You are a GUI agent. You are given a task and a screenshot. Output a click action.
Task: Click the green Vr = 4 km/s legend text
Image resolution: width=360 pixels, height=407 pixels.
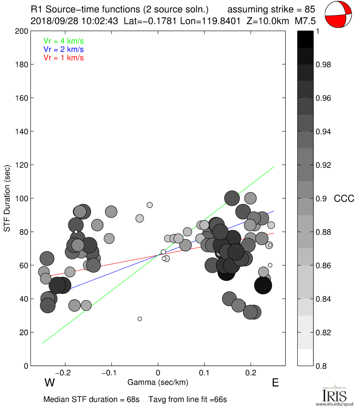(x=64, y=40)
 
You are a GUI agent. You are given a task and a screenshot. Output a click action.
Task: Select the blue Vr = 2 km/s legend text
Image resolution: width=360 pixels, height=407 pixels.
(x=64, y=49)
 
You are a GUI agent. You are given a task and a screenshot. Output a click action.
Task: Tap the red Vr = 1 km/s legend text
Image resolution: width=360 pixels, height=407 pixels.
(x=64, y=58)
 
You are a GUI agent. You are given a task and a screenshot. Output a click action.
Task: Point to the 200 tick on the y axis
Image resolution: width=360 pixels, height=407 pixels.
(x=30, y=31)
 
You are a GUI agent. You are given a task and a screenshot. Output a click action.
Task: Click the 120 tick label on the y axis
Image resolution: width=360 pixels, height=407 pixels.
(x=22, y=165)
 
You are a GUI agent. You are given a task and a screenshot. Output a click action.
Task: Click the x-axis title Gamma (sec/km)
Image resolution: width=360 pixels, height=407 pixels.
(x=158, y=382)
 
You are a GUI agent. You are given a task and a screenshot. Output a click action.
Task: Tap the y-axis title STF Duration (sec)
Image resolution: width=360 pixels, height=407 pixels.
(x=8, y=198)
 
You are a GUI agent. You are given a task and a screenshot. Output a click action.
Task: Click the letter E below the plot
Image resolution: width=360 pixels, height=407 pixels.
(x=275, y=383)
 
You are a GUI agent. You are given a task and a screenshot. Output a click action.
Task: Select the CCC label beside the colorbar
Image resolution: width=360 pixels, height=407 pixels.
(x=343, y=199)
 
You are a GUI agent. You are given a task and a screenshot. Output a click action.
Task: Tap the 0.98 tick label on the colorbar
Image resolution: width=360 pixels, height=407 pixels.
(x=324, y=65)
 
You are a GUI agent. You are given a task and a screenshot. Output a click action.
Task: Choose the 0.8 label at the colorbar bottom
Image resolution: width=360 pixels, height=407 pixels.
(x=322, y=366)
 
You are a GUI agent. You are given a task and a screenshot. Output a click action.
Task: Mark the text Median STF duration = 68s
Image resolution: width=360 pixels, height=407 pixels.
(x=91, y=399)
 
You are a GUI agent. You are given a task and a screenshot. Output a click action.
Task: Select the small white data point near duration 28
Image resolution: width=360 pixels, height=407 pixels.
(x=140, y=319)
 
